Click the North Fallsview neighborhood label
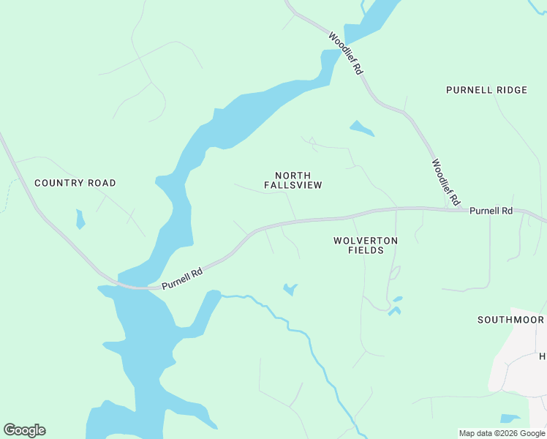click(x=293, y=181)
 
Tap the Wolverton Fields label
click(x=366, y=245)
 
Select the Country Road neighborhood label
click(x=75, y=183)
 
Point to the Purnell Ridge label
click(x=486, y=90)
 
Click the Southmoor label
click(x=510, y=320)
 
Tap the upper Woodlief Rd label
click(x=346, y=53)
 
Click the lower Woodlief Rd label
click(x=445, y=182)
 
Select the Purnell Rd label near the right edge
click(x=491, y=211)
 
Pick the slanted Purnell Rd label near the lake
click(x=182, y=277)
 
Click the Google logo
click(x=24, y=429)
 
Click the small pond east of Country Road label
click(x=80, y=218)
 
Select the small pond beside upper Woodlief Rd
click(x=361, y=129)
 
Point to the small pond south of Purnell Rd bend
click(x=290, y=290)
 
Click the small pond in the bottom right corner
click(x=510, y=419)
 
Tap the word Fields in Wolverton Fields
click(x=366, y=250)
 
